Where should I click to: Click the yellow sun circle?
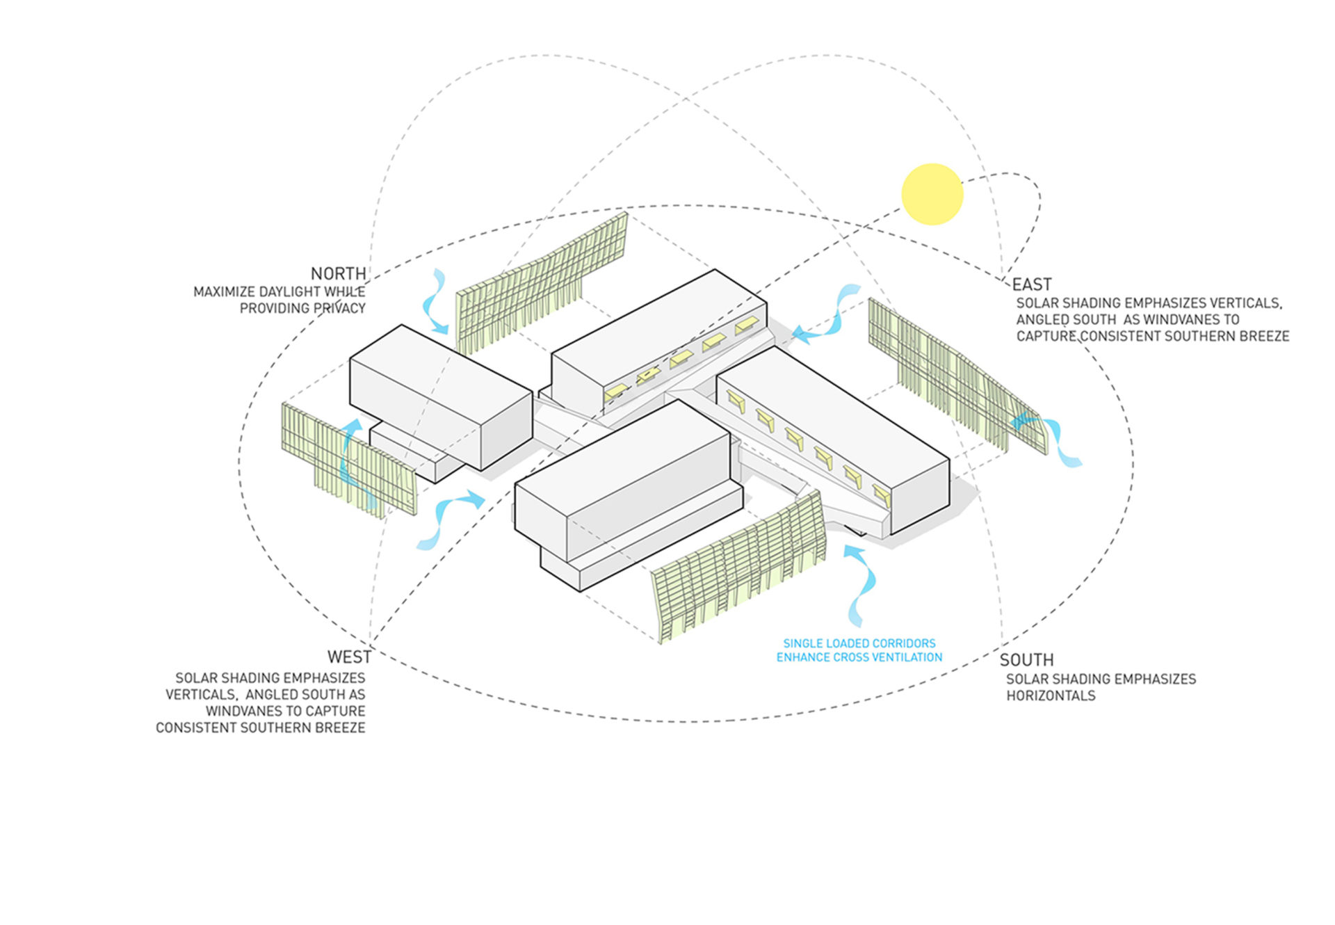[932, 194]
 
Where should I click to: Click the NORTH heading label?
[338, 273]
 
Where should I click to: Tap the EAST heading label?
[1031, 284]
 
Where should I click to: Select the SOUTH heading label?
[1026, 659]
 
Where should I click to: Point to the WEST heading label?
[349, 657]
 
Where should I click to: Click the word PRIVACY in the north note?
[339, 308]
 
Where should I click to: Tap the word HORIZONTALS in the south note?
[1051, 695]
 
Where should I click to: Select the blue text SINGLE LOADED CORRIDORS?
[859, 643]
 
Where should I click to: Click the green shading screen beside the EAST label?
[956, 376]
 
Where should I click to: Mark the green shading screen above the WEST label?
[348, 459]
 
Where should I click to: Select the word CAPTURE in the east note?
[1044, 337]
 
